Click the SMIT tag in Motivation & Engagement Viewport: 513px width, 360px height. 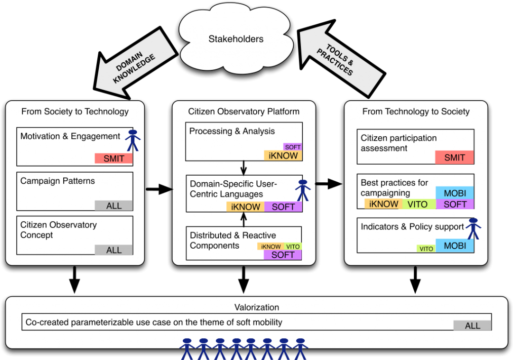(113, 158)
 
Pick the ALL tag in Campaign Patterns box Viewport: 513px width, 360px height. (113, 206)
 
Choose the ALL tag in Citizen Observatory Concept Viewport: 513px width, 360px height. (113, 250)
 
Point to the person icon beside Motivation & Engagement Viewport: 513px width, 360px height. (133, 140)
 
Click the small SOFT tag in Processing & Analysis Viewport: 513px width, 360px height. (293, 147)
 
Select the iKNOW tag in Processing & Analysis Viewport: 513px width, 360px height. (283, 156)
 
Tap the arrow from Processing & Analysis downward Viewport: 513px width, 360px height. (244, 168)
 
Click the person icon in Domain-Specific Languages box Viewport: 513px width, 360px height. (303, 190)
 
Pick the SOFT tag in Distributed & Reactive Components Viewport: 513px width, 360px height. (283, 255)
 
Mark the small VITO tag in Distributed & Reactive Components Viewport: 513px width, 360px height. (293, 247)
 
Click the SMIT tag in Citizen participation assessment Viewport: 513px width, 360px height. (454, 157)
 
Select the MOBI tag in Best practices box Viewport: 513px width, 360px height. (454, 193)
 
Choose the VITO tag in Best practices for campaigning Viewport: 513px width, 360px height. (418, 205)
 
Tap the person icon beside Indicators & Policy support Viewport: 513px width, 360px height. (473, 228)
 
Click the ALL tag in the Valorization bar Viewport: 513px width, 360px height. (472, 326)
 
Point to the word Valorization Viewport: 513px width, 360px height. (256, 307)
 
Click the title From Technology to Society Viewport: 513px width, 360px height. (416, 111)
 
